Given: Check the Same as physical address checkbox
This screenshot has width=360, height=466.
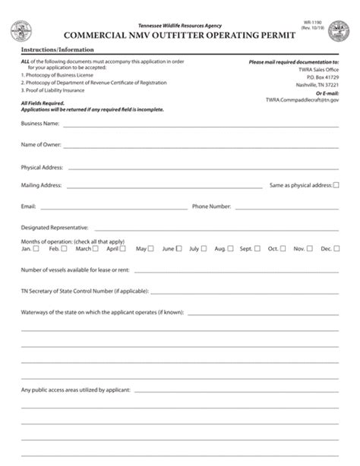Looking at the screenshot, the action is tap(336, 184).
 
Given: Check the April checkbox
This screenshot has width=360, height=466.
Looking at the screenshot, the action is tap(122, 248).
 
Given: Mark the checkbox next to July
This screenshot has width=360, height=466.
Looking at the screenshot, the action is tap(205, 248).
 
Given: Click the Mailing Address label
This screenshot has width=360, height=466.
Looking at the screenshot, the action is tap(41, 184).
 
